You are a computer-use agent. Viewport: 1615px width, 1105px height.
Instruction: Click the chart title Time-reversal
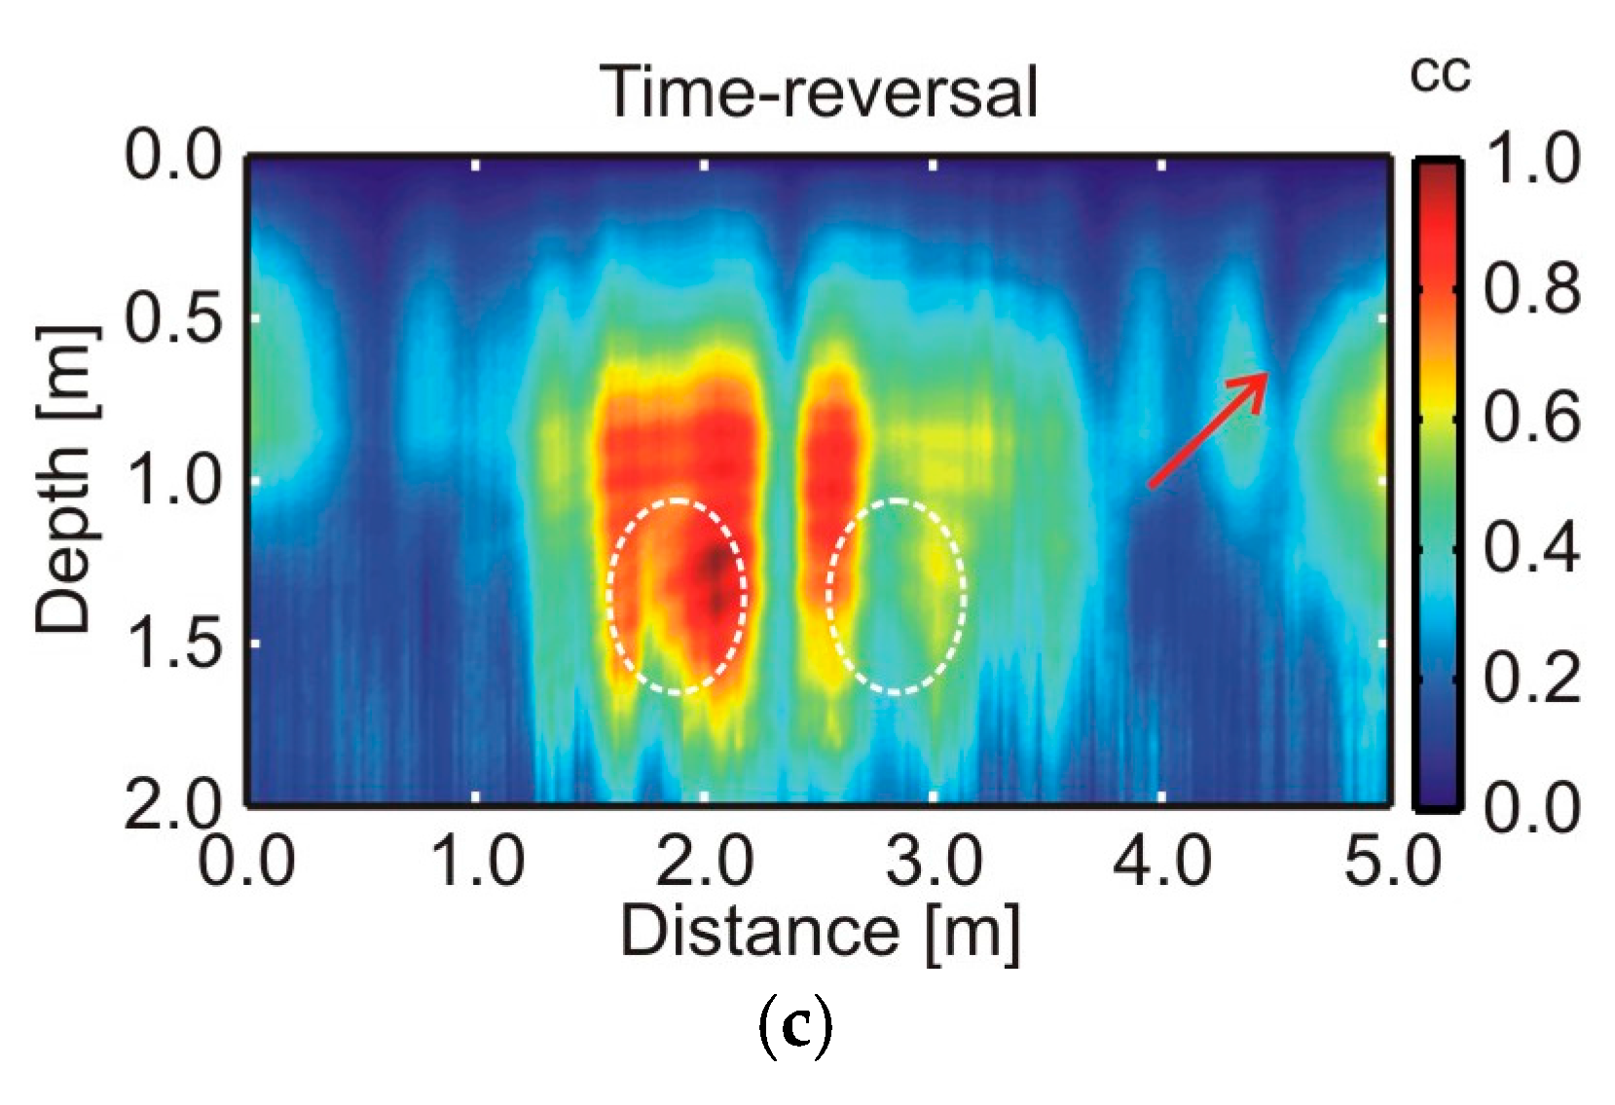tap(823, 93)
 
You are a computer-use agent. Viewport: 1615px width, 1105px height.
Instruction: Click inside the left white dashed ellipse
tap(679, 596)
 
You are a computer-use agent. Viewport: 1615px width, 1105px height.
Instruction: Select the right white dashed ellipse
tap(897, 596)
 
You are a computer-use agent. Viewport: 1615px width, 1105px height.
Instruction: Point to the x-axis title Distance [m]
tap(820, 932)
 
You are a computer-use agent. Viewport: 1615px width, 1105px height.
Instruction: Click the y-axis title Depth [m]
tap(66, 479)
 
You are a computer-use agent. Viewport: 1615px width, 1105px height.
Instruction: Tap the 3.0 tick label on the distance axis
tap(933, 863)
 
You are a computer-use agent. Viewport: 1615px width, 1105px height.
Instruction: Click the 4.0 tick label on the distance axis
tap(1162, 863)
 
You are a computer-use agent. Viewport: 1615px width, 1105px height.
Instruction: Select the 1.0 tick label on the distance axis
tap(476, 863)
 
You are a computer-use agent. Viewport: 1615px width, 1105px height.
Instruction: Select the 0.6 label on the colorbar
tap(1529, 419)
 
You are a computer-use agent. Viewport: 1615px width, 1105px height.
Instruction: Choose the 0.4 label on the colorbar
tap(1529, 548)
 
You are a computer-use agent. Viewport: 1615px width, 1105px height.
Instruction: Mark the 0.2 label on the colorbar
tap(1529, 679)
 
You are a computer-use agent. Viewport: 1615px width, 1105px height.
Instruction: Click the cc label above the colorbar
tap(1440, 76)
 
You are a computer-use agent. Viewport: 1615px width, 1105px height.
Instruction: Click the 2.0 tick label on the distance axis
tap(705, 863)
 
